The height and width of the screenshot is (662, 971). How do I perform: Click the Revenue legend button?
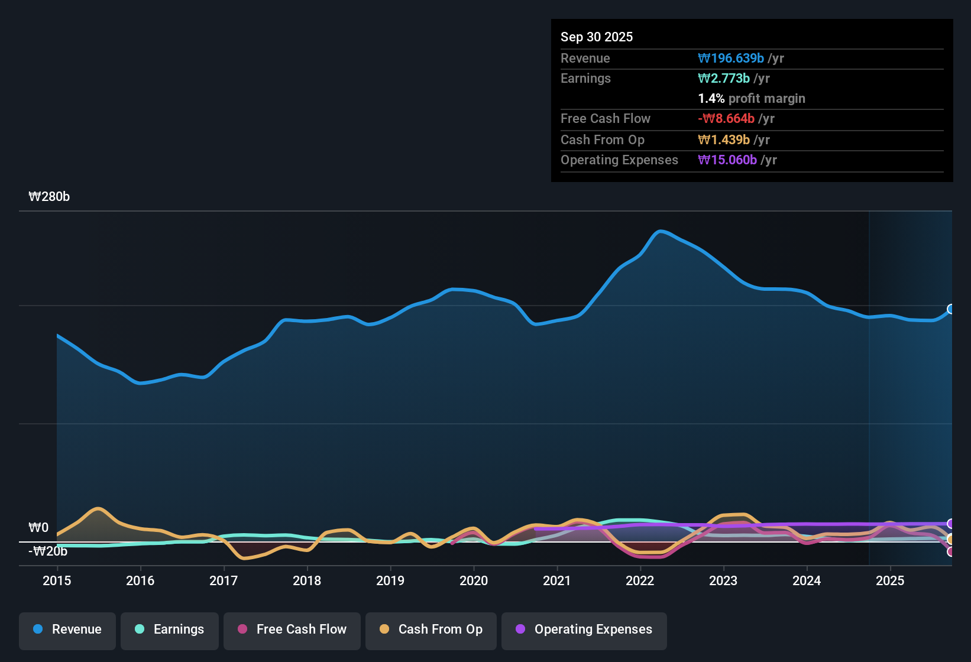point(67,629)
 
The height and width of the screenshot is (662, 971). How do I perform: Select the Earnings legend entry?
point(170,629)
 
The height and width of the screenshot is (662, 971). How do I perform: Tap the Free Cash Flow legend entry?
point(292,629)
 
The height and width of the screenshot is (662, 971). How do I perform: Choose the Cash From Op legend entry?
point(431,629)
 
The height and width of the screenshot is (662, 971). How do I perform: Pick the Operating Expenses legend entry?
point(584,629)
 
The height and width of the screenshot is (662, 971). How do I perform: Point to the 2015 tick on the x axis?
point(57,580)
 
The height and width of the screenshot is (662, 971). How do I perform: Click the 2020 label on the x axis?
point(474,580)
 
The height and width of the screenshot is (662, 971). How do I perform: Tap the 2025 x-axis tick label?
point(890,580)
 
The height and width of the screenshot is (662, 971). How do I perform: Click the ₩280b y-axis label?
point(49,197)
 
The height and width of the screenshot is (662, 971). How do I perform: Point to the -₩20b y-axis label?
point(48,551)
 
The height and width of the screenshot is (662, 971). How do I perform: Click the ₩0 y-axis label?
point(38,528)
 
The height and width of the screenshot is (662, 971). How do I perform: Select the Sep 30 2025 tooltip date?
point(597,37)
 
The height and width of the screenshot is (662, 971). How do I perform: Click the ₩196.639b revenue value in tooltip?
point(731,59)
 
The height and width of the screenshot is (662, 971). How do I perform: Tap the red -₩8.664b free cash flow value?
point(726,119)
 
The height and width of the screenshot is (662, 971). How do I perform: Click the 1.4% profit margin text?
point(752,99)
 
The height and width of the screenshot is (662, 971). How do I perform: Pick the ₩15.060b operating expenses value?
point(727,160)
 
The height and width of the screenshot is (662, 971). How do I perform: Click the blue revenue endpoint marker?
point(951,309)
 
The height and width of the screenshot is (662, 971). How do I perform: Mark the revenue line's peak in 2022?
point(661,231)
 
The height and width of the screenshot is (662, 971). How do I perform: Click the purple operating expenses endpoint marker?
point(951,524)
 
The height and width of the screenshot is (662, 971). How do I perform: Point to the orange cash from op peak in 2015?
point(98,508)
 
